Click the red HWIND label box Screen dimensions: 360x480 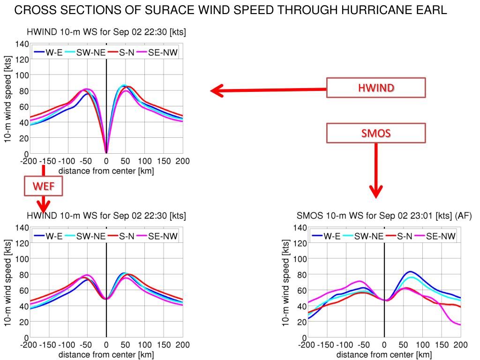click(376, 88)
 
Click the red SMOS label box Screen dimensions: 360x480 click(376, 133)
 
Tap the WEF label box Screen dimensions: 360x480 click(43, 187)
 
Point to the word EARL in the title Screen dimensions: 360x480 click(430, 11)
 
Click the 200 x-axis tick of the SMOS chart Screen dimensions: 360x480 click(460, 345)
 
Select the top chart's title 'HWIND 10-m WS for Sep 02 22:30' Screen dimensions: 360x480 click(106, 32)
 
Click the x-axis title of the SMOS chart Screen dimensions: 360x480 click(384, 354)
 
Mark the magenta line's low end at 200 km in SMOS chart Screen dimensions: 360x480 click(460, 324)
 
